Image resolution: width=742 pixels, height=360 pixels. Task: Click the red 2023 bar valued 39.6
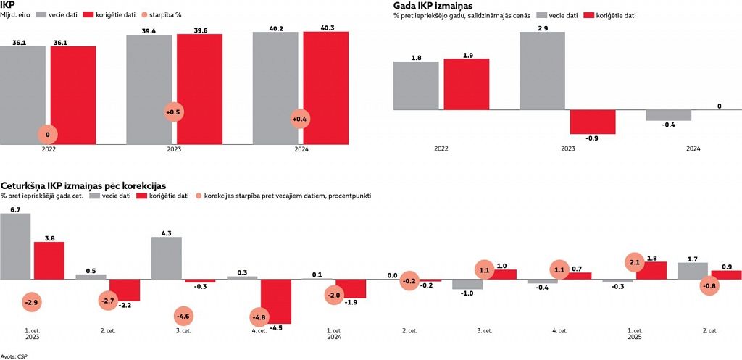199,87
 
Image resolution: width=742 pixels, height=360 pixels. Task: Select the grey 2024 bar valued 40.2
275,87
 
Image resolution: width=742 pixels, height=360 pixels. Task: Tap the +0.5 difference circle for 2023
173,113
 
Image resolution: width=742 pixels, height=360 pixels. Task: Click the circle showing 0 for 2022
47,135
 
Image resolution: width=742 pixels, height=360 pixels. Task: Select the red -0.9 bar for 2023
592,122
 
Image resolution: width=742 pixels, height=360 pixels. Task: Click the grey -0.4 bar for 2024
668,115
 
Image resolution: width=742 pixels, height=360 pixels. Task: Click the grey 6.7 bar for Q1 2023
15,246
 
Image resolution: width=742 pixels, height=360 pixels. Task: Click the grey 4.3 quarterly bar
166,258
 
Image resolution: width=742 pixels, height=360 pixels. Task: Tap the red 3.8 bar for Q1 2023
49,260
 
